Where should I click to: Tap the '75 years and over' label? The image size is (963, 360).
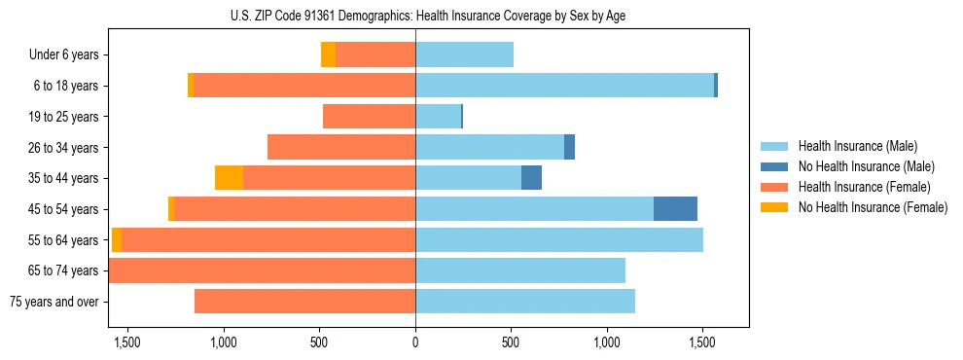pyautogui.click(x=53, y=302)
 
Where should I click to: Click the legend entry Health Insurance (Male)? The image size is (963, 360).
pyautogui.click(x=857, y=146)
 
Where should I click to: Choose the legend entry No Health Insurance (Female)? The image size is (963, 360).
pyautogui.click(x=873, y=207)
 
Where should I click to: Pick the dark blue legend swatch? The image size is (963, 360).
pyautogui.click(x=774, y=166)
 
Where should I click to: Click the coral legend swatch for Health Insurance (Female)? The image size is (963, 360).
pyautogui.click(x=774, y=187)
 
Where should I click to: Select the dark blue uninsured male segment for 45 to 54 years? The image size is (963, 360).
pyautogui.click(x=675, y=209)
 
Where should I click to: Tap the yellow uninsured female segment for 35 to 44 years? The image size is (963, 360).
pyautogui.click(x=229, y=178)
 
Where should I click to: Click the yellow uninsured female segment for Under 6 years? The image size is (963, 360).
pyautogui.click(x=329, y=55)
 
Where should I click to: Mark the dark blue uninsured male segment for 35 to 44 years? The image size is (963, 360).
pyautogui.click(x=531, y=178)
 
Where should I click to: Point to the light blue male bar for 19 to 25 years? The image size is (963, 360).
pyautogui.click(x=438, y=117)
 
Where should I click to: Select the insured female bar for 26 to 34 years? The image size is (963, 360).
pyautogui.click(x=341, y=147)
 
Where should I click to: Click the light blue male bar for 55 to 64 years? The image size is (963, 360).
pyautogui.click(x=559, y=239)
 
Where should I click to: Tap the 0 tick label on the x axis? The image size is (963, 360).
pyautogui.click(x=415, y=342)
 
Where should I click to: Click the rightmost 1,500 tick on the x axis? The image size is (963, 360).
pyautogui.click(x=702, y=342)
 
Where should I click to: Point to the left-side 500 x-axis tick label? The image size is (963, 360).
pyautogui.click(x=320, y=342)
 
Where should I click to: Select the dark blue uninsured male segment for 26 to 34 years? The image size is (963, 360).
pyautogui.click(x=569, y=147)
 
